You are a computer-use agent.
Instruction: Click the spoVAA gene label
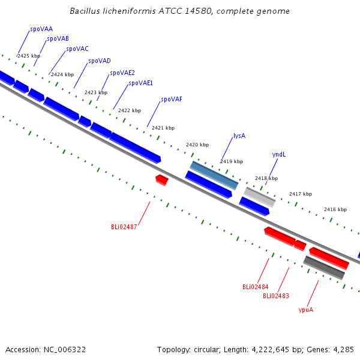(x=41, y=29)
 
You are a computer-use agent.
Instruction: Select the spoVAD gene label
(x=100, y=61)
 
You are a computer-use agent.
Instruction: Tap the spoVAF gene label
(x=172, y=100)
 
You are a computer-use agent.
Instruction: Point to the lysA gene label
(x=239, y=136)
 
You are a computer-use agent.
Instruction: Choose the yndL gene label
(x=279, y=155)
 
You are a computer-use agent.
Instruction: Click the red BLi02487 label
(x=124, y=227)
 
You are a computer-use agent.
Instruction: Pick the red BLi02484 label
(x=256, y=287)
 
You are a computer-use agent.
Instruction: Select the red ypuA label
(x=306, y=310)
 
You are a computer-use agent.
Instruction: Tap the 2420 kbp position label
(x=197, y=145)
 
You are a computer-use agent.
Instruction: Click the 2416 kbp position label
(x=335, y=209)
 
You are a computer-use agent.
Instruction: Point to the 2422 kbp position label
(x=130, y=110)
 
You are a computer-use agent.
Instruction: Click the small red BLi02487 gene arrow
(x=162, y=180)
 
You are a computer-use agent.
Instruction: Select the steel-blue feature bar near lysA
(x=214, y=175)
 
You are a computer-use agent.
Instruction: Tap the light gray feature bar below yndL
(x=260, y=197)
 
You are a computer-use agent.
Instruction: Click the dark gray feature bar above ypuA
(x=324, y=268)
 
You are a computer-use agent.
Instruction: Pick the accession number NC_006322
(x=65, y=350)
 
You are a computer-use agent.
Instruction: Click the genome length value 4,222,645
(x=270, y=350)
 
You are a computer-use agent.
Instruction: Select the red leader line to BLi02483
(x=283, y=280)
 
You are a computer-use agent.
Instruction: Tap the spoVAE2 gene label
(x=122, y=73)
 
